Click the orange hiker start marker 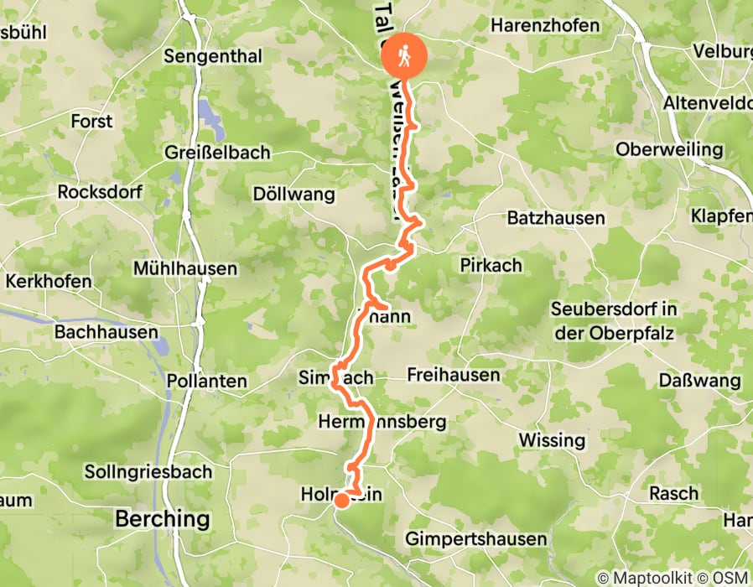(404, 56)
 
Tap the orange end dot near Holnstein (342, 501)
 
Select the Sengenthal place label (214, 57)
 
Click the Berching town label (163, 518)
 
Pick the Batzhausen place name (556, 218)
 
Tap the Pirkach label (491, 265)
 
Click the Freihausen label (453, 375)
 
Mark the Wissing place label (552, 440)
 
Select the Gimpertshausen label (475, 538)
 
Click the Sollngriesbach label (148, 471)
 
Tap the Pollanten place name (207, 381)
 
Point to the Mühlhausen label (185, 269)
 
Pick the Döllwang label (293, 195)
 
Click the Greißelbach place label (218, 153)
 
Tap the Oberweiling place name (668, 150)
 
